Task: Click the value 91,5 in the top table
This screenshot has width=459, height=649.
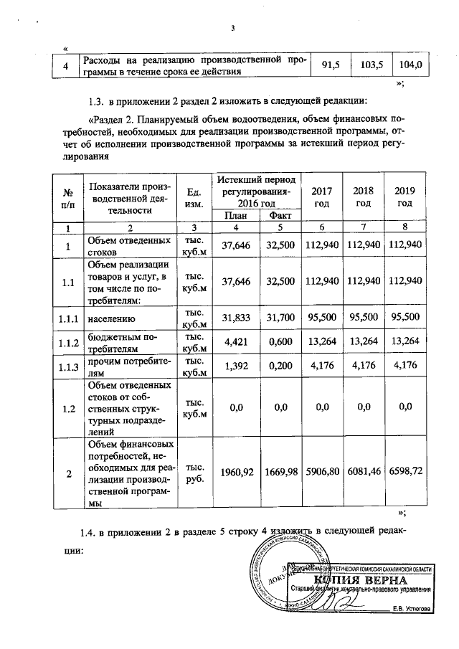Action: tap(330, 65)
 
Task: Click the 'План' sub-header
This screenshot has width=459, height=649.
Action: tap(236, 216)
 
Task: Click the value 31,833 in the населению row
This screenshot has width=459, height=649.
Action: tap(236, 316)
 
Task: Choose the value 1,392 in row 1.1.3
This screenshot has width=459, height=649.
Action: tap(236, 366)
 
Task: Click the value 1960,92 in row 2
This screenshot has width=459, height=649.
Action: tap(236, 474)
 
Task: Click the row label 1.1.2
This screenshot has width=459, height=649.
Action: tap(69, 342)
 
